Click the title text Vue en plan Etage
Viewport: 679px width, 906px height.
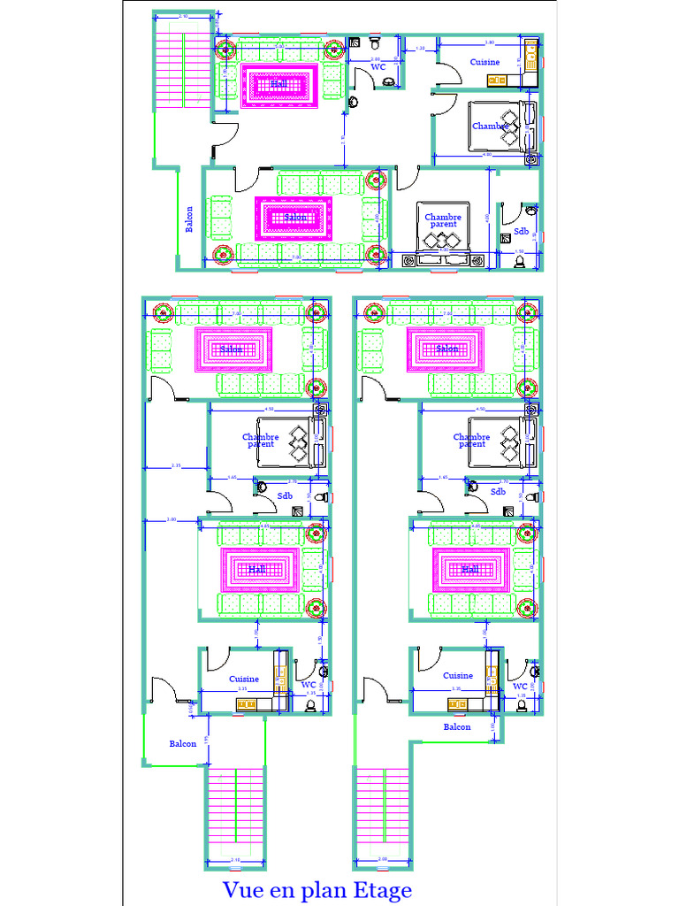(317, 889)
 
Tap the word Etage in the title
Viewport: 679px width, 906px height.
(382, 890)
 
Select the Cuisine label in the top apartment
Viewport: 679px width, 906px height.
(484, 62)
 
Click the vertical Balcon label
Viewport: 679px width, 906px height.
(189, 219)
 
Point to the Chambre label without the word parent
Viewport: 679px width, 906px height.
(488, 126)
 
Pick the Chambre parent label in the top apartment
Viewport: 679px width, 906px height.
(443, 220)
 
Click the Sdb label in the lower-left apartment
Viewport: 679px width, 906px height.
(286, 496)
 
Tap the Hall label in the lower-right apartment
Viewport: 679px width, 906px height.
(470, 570)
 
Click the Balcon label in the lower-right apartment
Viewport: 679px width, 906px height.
(457, 726)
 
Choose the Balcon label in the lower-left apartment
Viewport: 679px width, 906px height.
(183, 743)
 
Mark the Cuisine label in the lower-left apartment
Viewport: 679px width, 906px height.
(244, 679)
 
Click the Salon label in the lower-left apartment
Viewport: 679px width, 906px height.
(232, 349)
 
